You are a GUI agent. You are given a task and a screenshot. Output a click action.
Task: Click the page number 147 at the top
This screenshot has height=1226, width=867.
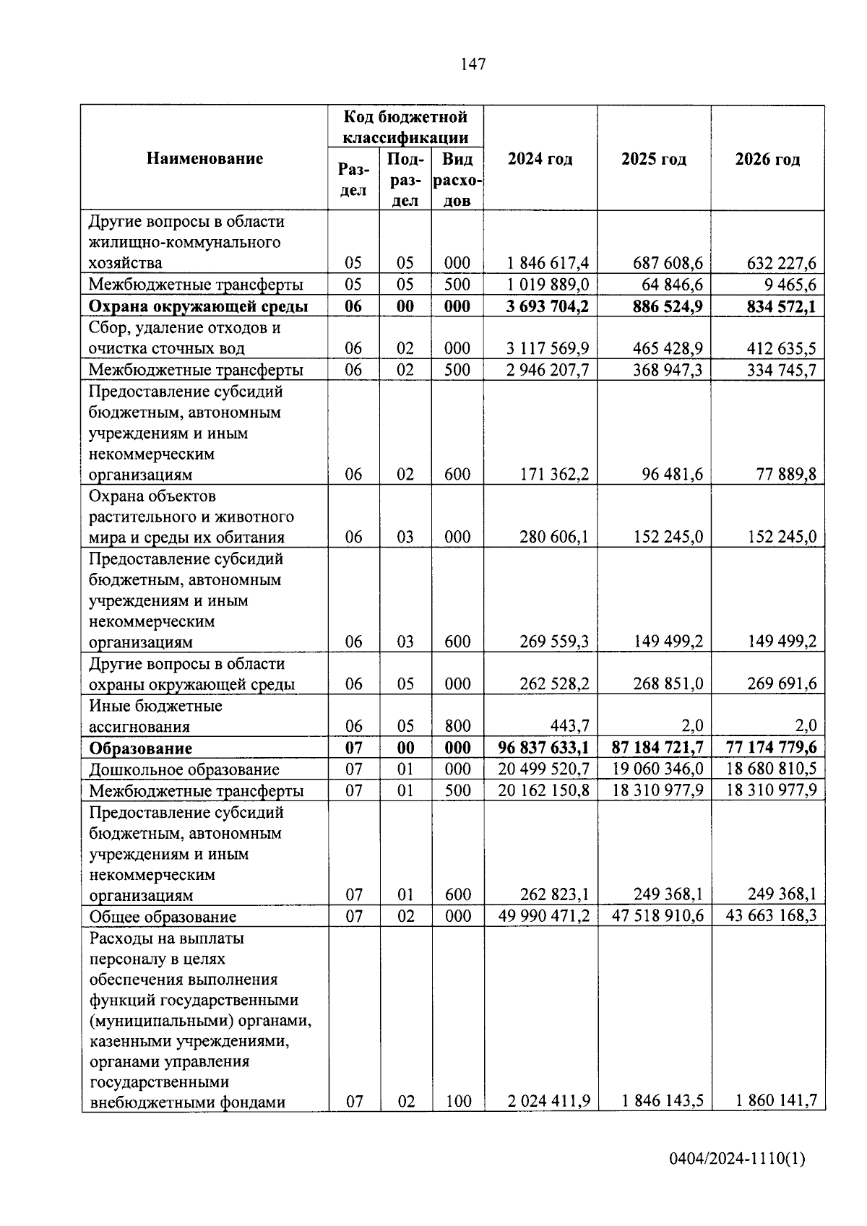pyautogui.click(x=473, y=65)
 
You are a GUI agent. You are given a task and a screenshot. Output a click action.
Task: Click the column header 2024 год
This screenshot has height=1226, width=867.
pyautogui.click(x=540, y=159)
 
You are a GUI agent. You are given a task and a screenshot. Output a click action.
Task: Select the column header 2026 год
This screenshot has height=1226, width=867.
pyautogui.click(x=767, y=159)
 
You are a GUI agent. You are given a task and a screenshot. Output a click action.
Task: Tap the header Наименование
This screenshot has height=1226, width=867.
pyautogui.click(x=204, y=158)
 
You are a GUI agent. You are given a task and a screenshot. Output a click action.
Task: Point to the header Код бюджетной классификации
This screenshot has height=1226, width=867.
pyautogui.click(x=405, y=127)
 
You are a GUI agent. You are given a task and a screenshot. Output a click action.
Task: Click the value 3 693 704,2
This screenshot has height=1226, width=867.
pyautogui.click(x=547, y=306)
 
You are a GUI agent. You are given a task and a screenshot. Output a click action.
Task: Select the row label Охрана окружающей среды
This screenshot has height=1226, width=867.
pyautogui.click(x=198, y=306)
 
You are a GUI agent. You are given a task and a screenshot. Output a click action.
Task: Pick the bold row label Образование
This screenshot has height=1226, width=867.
pyautogui.click(x=140, y=748)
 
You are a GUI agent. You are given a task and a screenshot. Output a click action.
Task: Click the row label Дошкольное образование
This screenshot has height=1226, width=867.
pyautogui.click(x=184, y=769)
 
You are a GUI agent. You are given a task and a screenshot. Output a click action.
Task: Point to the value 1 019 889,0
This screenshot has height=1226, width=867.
pyautogui.click(x=548, y=285)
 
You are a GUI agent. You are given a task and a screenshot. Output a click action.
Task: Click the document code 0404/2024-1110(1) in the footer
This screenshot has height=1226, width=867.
pyautogui.click(x=737, y=1160)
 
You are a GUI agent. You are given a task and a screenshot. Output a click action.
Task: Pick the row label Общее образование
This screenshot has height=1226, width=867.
pyautogui.click(x=163, y=917)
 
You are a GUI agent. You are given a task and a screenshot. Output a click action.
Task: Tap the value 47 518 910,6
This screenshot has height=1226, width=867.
pyautogui.click(x=657, y=916)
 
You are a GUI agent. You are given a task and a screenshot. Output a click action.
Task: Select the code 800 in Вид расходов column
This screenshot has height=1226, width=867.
pyautogui.click(x=457, y=726)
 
